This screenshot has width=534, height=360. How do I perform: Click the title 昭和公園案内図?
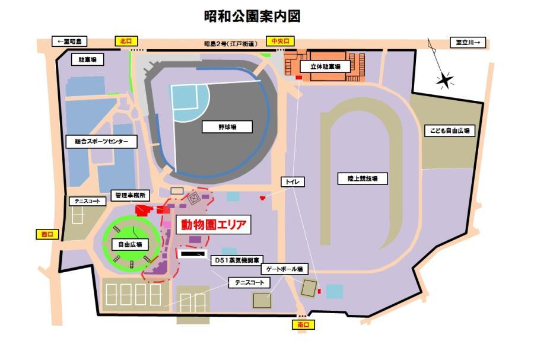click(252, 16)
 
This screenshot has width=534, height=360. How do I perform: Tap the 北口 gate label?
click(125, 41)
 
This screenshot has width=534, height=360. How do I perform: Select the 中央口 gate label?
click(279, 41)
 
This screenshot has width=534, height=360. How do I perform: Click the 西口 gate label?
click(46, 234)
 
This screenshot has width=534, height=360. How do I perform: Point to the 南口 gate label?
click(303, 324)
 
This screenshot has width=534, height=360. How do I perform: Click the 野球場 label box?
click(227, 126)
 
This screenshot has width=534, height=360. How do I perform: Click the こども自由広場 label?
click(450, 131)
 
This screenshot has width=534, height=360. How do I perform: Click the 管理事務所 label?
click(131, 195)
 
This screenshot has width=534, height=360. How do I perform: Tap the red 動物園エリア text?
click(212, 225)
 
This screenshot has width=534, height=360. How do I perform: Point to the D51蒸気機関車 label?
click(235, 260)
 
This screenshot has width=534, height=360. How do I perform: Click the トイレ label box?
click(292, 182)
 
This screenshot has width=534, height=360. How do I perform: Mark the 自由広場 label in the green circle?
click(130, 244)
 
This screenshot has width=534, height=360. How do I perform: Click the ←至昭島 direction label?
click(70, 42)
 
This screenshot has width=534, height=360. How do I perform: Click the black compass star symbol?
click(445, 80)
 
